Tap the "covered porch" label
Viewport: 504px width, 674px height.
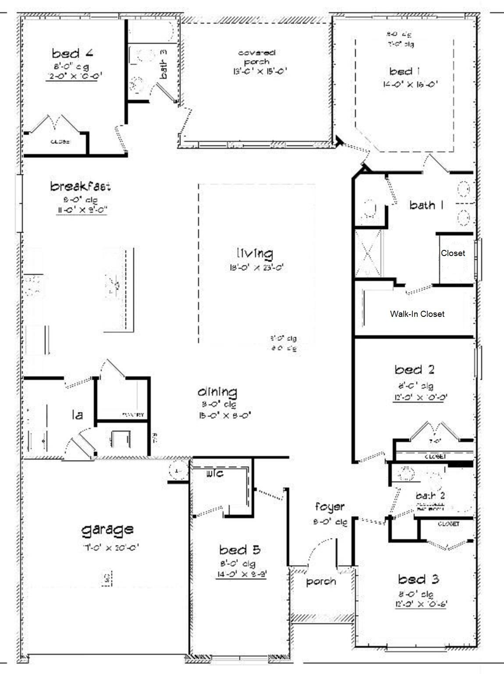(257, 57)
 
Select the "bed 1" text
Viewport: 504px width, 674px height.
(401, 71)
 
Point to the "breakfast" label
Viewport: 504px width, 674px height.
(80, 186)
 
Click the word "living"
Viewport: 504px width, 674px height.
(255, 253)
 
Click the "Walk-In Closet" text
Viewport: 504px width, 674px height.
(417, 314)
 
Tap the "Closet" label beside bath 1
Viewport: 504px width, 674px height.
(453, 253)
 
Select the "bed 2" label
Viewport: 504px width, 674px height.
(414, 370)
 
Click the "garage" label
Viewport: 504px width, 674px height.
(107, 530)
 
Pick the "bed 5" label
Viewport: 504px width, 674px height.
(240, 550)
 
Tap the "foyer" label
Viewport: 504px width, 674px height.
(330, 507)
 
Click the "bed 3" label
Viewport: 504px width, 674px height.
(419, 579)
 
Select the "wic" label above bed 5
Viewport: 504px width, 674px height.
(215, 473)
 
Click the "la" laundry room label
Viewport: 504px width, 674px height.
(78, 414)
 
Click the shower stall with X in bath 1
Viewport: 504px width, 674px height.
(368, 253)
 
